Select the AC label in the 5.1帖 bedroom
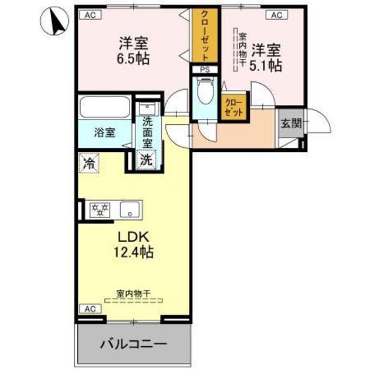coord(276,15)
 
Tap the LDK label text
coord(135,237)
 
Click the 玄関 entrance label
coord(291,123)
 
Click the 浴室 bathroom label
coord(104,131)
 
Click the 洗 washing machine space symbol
coord(145,159)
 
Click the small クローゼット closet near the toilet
coord(232,108)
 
